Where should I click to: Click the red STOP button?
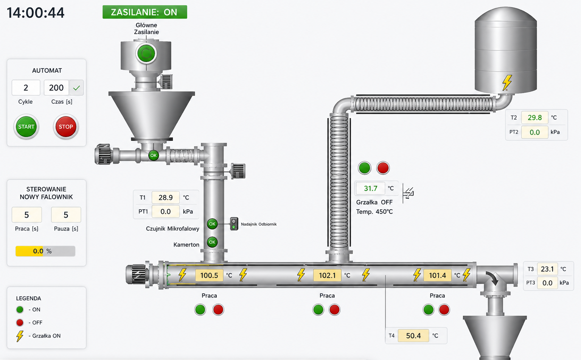tap(65, 127)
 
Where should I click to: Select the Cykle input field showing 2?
tap(26, 88)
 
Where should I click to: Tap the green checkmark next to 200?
tap(76, 88)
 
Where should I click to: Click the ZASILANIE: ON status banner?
tap(145, 12)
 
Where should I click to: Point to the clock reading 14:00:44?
tap(36, 13)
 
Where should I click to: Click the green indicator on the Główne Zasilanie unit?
tap(146, 53)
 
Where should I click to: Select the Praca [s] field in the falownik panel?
tap(27, 215)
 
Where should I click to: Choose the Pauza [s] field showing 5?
tap(66, 215)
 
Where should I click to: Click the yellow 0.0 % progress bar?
tap(45, 251)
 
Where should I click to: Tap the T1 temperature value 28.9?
tap(165, 198)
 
